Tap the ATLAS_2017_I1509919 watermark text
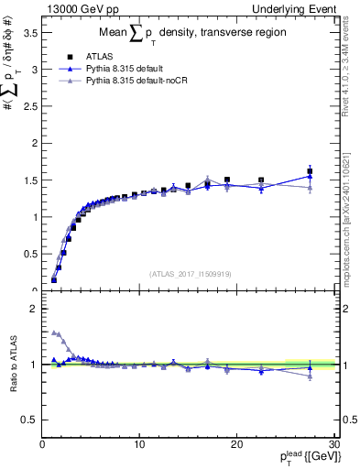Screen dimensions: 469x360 point(190,273)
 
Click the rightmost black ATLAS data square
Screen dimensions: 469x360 point(310,171)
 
